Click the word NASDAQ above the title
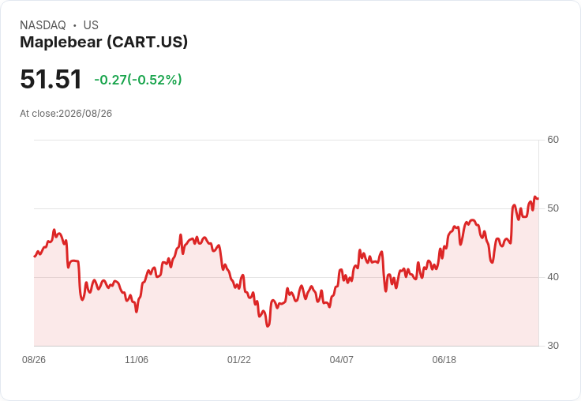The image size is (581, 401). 43,25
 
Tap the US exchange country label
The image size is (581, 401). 91,25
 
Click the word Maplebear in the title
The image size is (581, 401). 61,42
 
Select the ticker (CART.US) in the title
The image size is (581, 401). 148,42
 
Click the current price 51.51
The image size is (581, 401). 51,79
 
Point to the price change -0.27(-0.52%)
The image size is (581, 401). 138,80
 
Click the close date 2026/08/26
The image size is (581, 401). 85,114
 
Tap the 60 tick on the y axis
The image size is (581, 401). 553,140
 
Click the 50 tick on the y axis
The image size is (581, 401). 553,208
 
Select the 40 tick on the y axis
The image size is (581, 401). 553,277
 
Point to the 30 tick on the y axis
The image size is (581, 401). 553,346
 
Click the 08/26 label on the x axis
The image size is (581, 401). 34,359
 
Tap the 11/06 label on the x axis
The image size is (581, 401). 137,359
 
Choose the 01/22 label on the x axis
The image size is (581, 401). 239,359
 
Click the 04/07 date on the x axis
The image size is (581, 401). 341,359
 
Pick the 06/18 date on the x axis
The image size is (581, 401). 444,359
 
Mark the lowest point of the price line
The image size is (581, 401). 268,326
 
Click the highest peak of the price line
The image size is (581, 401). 534,197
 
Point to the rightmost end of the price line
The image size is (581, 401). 538,198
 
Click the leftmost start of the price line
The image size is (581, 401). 35,257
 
